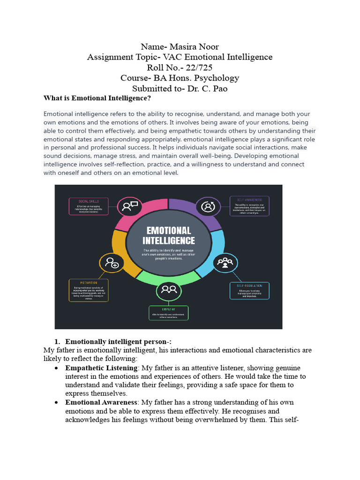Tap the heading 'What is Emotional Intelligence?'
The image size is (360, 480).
click(97, 98)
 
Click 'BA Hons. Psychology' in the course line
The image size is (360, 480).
click(200, 78)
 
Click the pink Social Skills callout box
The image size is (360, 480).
click(89, 206)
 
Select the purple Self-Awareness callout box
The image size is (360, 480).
click(249, 206)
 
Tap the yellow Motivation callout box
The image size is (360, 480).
click(89, 291)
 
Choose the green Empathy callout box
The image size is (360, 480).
click(168, 313)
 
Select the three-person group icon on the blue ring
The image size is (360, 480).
click(225, 262)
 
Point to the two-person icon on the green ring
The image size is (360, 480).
click(168, 291)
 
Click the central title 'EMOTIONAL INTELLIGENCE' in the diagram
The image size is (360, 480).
click(169, 236)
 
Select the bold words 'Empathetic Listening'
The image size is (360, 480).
click(101, 368)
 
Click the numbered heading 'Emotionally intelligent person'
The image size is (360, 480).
click(118, 342)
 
